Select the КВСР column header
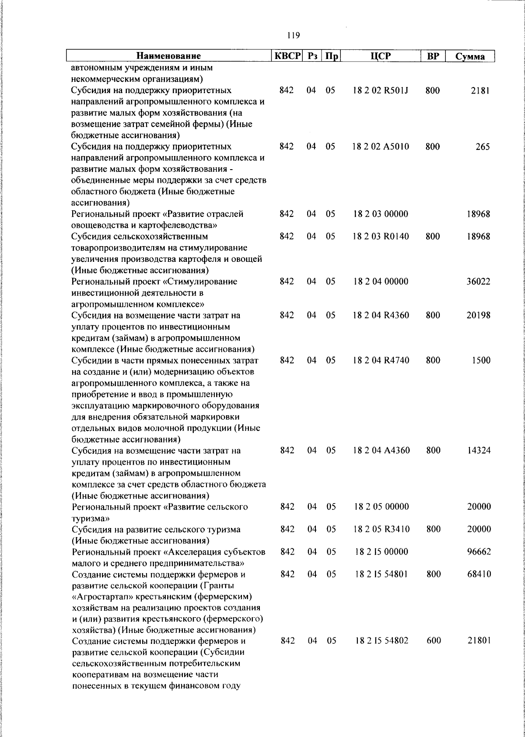pyautogui.click(x=288, y=56)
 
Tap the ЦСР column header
pyautogui.click(x=380, y=56)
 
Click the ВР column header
pyautogui.click(x=433, y=56)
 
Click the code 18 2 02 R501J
pyautogui.click(x=381, y=91)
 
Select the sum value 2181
pyautogui.click(x=481, y=91)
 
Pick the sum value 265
pyautogui.click(x=483, y=147)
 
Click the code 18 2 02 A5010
pyautogui.click(x=381, y=147)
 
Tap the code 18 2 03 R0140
pyautogui.click(x=381, y=237)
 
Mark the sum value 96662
pyautogui.click(x=479, y=552)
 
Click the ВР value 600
pyautogui.click(x=434, y=641)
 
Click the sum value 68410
pyautogui.click(x=479, y=574)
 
